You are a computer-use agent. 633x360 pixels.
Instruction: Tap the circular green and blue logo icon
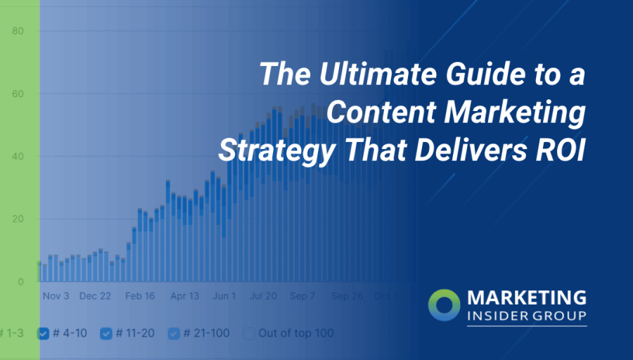click(x=445, y=304)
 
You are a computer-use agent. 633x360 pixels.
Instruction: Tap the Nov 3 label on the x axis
click(x=56, y=296)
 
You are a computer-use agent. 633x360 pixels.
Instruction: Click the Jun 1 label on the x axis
click(x=224, y=296)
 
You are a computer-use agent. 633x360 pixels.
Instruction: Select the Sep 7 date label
click(x=302, y=296)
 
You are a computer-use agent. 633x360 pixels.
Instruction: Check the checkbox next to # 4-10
click(x=43, y=333)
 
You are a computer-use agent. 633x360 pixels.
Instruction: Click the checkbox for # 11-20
click(x=106, y=333)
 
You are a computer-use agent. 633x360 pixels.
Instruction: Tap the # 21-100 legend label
click(x=206, y=333)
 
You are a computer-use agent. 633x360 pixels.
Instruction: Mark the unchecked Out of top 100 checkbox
click(x=249, y=333)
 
